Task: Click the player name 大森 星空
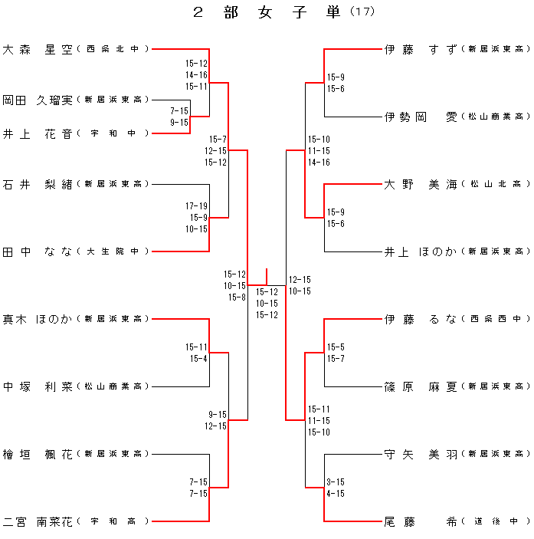38,49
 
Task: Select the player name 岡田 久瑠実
38,100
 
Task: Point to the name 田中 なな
38,251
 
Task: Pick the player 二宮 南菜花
38,522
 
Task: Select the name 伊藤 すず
421,49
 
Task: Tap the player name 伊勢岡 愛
421,117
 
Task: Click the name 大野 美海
421,184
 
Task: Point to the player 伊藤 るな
421,319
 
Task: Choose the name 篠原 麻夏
421,386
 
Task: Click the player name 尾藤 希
421,522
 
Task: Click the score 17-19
196,206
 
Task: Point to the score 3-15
336,482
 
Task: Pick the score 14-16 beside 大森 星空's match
196,75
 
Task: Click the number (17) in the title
362,12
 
